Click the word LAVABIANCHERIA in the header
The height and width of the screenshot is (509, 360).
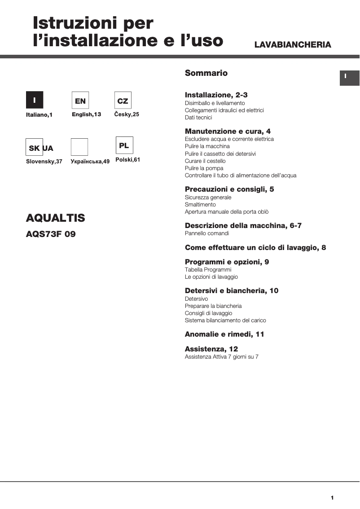click(x=293, y=45)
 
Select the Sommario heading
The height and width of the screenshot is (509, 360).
click(x=206, y=73)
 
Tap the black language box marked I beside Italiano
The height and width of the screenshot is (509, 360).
click(x=35, y=100)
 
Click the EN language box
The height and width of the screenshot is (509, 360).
click(x=80, y=101)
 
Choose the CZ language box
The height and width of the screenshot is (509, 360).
click(x=123, y=101)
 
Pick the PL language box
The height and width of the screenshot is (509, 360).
click(x=124, y=145)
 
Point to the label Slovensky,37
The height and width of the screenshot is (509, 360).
click(x=44, y=162)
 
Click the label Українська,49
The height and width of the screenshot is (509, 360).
click(x=90, y=162)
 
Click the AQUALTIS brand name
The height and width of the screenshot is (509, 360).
click(x=55, y=218)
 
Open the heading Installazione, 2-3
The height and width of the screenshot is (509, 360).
click(x=216, y=95)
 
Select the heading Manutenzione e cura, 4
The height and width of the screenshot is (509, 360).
click(x=228, y=132)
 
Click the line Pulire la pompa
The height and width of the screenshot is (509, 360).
click(x=204, y=168)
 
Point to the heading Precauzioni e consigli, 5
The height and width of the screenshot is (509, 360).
click(x=229, y=189)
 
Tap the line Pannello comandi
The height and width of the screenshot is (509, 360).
click(x=207, y=233)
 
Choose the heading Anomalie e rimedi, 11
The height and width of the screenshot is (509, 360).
click(x=224, y=334)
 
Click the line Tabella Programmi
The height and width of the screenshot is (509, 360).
click(x=208, y=270)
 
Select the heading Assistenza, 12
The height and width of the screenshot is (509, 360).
click(x=211, y=349)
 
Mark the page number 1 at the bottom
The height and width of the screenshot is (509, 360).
click(x=332, y=497)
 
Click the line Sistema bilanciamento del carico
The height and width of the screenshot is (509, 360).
click(x=225, y=320)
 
